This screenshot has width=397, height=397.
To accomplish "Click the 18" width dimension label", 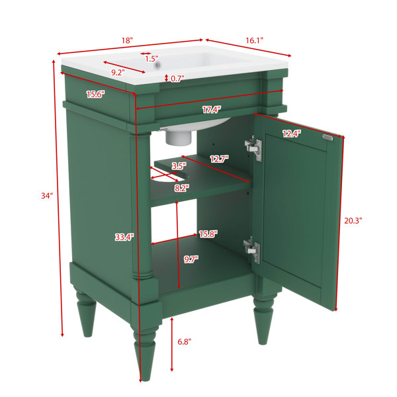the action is [127, 40].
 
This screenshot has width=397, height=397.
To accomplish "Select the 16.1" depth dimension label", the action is [255, 40].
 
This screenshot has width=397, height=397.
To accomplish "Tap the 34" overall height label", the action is [47, 196].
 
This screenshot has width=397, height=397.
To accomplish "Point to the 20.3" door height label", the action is [353, 221].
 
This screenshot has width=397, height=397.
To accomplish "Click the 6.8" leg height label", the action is [185, 342].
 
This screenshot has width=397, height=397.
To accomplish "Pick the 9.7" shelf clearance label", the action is [191, 259].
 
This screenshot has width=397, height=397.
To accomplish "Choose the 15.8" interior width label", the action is [208, 234].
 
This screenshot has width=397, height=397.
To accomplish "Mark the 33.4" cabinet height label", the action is [124, 238].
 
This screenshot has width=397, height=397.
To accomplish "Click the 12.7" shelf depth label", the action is [219, 159].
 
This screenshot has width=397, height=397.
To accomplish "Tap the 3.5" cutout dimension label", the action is [179, 166].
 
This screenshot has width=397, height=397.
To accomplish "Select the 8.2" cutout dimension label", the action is [182, 188].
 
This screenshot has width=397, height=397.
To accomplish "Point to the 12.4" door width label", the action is [292, 134].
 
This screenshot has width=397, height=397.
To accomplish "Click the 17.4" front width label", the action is [212, 110].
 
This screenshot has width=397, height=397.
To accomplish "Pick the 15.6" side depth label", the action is [95, 95].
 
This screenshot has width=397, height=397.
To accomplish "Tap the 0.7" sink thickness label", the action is [177, 79].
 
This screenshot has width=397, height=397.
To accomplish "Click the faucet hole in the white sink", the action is [158, 65].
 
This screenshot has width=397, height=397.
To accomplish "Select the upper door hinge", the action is [253, 148].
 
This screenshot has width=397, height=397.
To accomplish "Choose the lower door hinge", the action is [252, 250].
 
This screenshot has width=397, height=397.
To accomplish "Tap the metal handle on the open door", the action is [328, 137].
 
